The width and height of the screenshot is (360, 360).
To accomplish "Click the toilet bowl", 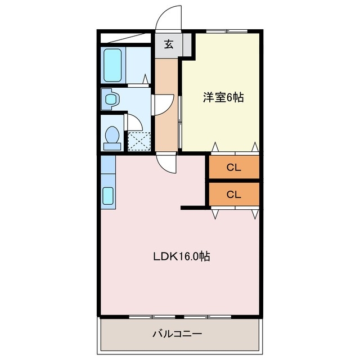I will point(112,137).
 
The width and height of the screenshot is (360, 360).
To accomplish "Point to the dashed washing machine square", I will point(139,140).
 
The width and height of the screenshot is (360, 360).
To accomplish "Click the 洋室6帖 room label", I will point(223,97).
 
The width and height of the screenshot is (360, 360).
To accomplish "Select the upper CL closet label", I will point(234,166).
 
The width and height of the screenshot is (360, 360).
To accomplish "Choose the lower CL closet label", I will point(234,195).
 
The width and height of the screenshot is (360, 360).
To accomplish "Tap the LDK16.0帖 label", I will point(182,256).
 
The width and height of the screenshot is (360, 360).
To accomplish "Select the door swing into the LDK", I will point(167,163).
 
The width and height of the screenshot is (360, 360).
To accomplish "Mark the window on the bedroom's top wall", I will point(225,31).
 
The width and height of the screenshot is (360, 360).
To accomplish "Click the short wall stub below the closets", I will point(195,208).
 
